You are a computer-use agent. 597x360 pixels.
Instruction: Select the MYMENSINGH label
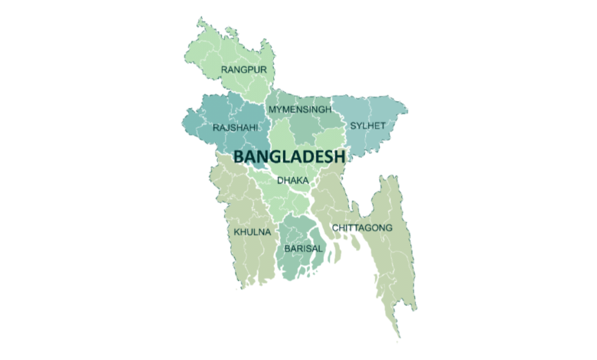[300, 110]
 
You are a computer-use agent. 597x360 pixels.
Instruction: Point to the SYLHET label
[367, 125]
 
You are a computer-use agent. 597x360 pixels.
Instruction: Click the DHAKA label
[292, 181]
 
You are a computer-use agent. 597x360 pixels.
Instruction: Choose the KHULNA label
[252, 231]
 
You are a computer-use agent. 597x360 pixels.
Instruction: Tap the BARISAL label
[304, 249]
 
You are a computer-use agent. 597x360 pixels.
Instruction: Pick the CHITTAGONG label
[362, 228]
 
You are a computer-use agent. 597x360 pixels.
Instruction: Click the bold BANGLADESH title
[289, 156]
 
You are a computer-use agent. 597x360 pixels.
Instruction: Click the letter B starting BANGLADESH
[239, 156]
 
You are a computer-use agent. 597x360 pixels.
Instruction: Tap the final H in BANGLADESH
[340, 156]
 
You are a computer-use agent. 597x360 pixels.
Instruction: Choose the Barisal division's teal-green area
[295, 264]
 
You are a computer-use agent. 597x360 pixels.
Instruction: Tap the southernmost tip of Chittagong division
[400, 337]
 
